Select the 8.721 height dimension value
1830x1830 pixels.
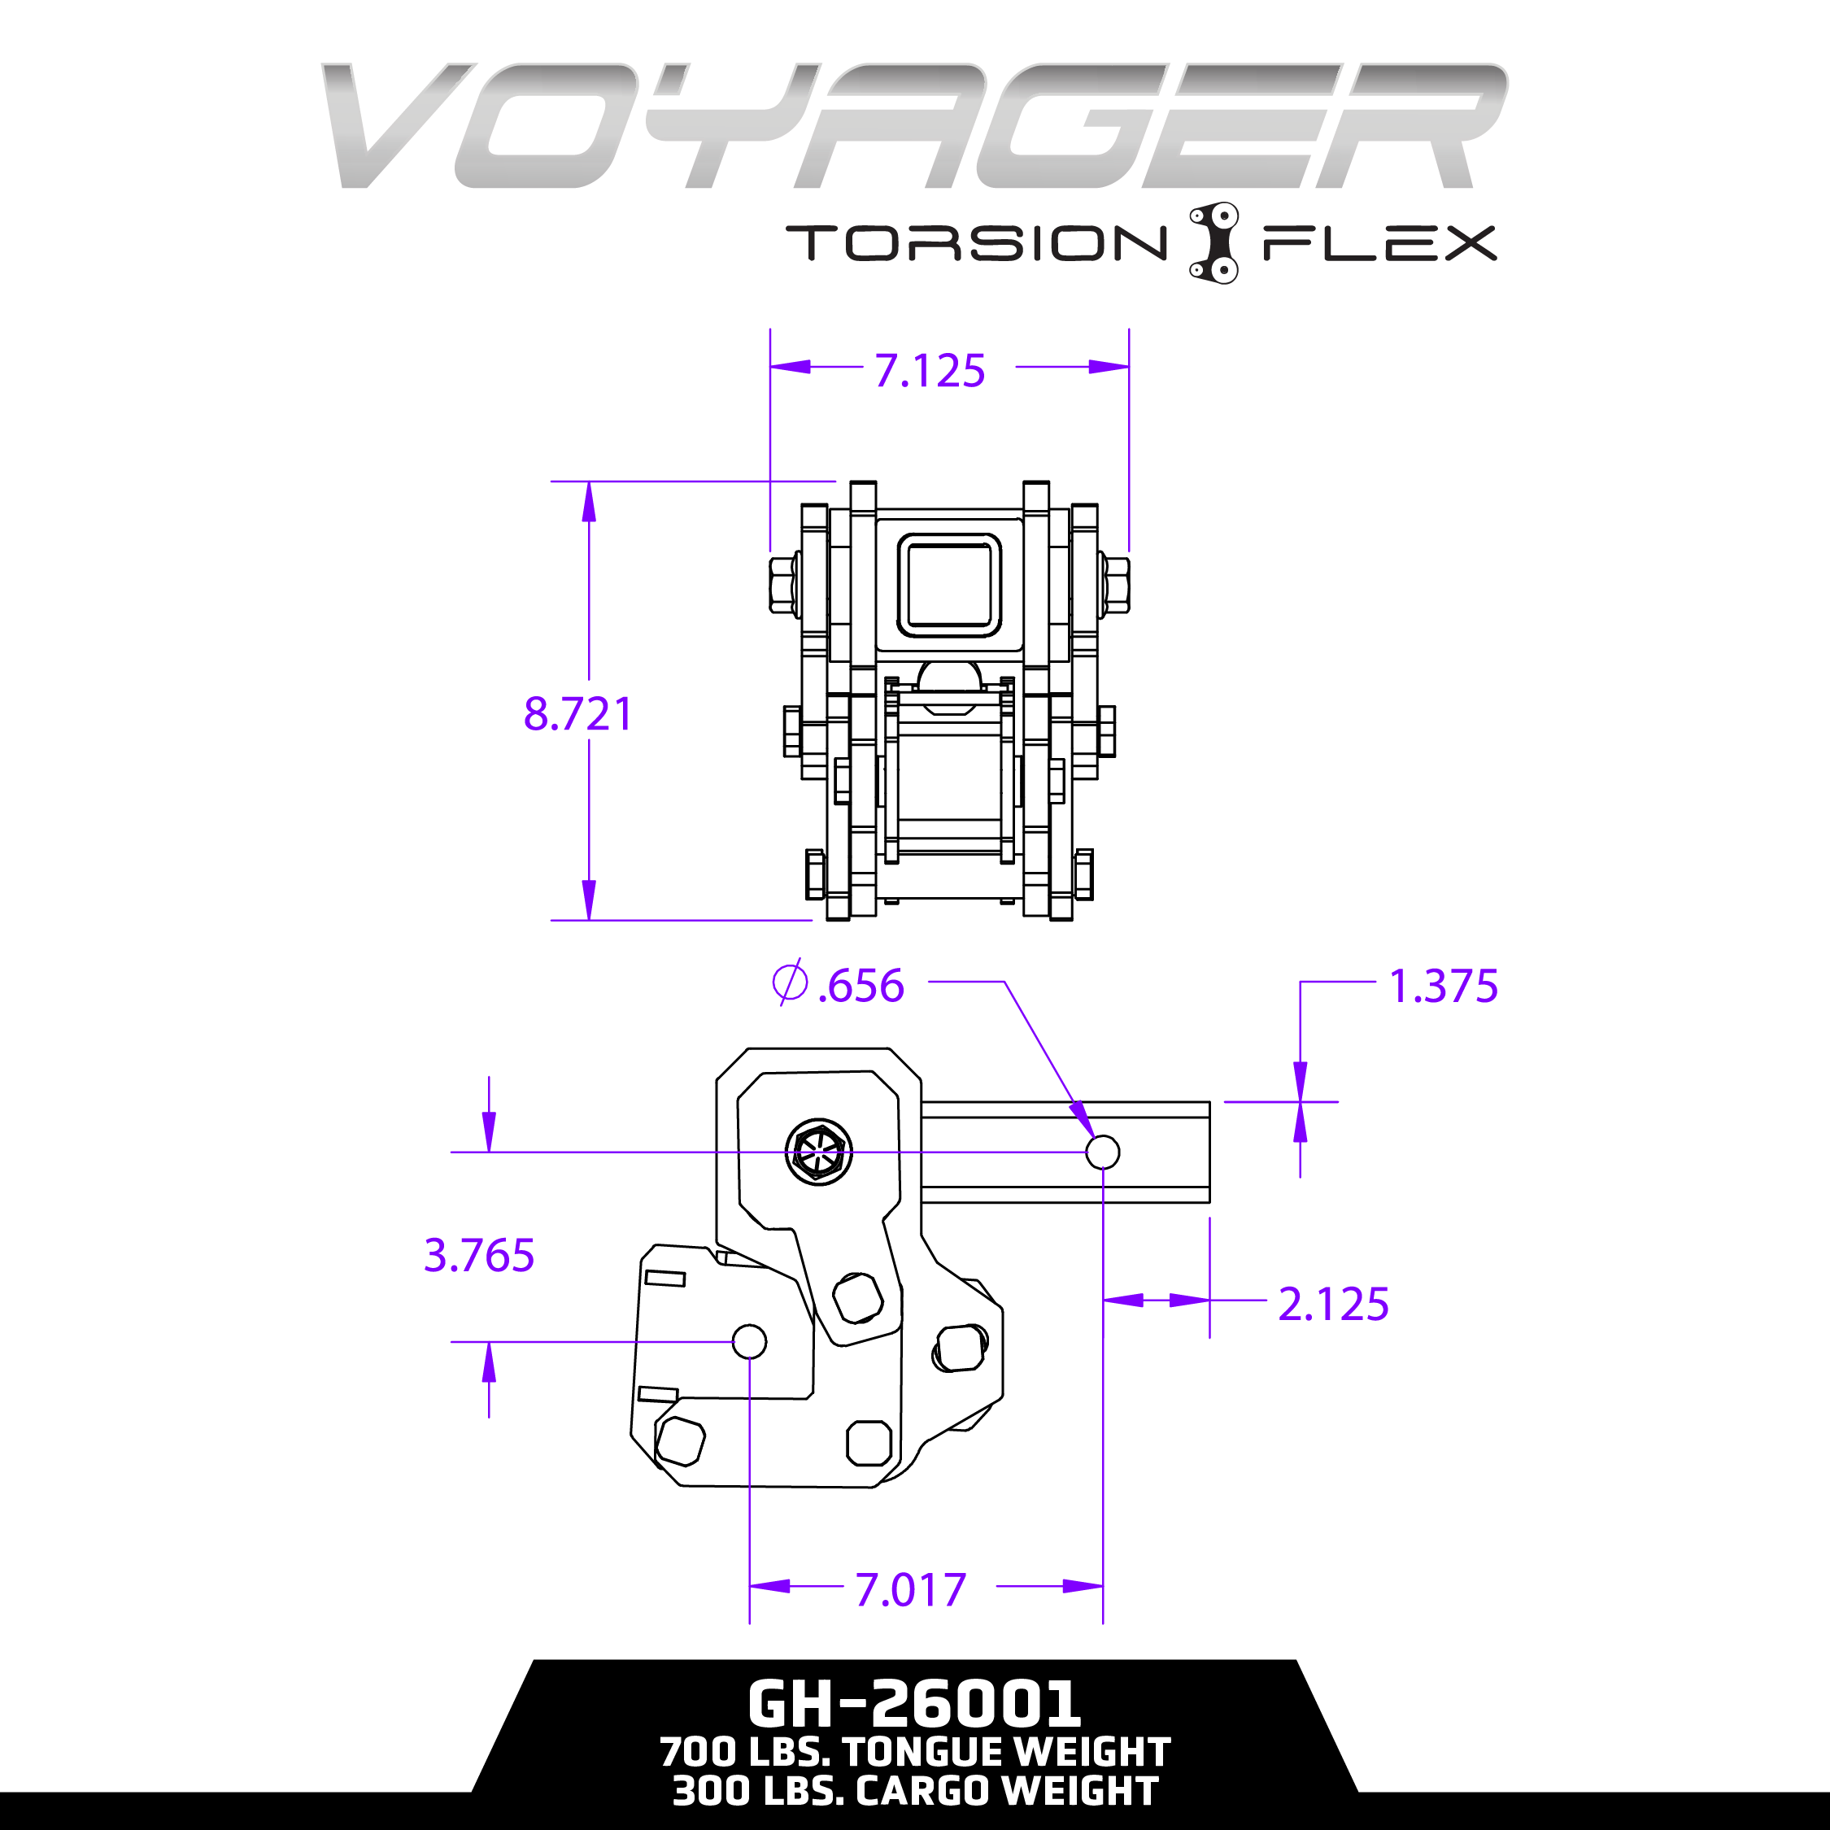577,713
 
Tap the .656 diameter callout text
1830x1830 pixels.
860,986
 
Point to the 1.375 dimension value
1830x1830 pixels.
1443,986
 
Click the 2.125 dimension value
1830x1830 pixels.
1333,1305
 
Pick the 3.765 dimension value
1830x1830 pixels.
479,1255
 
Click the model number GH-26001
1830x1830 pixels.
914,1704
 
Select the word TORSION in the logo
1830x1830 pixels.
976,242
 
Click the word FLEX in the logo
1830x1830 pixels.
1379,242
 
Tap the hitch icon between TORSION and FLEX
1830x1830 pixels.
1214,242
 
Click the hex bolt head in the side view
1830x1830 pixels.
818,1152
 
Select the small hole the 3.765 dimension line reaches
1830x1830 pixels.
749,1341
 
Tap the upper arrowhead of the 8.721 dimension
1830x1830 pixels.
589,502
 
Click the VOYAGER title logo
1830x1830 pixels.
914,126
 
